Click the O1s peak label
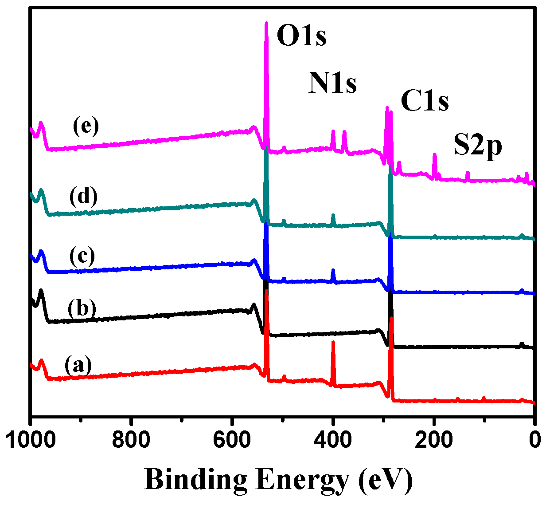click(302, 36)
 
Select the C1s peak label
click(425, 101)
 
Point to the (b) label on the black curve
click(82, 308)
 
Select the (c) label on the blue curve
click(82, 256)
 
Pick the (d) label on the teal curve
click(83, 197)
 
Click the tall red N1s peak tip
click(333, 342)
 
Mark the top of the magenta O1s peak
click(266, 23)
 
